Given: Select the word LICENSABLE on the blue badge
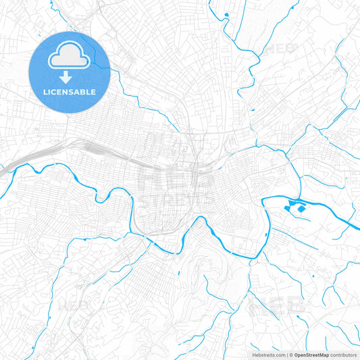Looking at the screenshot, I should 70,91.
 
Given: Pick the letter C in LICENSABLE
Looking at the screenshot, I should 53,91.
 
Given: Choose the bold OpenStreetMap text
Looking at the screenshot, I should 311,354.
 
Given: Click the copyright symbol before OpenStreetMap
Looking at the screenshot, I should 290,354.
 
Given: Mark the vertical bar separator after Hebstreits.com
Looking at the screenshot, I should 286,354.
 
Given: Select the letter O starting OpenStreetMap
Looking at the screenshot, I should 296,354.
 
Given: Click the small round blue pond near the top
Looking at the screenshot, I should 226,15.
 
